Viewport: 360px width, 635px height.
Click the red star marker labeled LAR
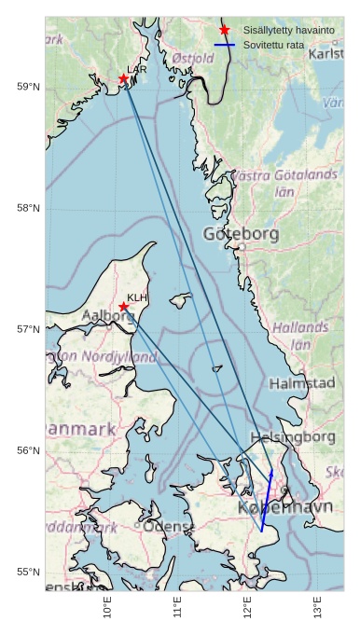point(123,78)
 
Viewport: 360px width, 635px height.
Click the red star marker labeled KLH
point(123,306)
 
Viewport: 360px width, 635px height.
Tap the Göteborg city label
point(241,235)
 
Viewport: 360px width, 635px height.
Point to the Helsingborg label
point(293,436)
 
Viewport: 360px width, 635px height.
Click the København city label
point(285,508)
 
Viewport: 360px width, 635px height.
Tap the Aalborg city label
point(108,316)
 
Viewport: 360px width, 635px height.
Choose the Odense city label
point(168,527)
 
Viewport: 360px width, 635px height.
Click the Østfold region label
point(193,59)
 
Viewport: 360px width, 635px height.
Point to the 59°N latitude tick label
point(28,87)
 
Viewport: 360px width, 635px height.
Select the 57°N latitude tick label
point(28,329)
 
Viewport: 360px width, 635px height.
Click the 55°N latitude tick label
point(28,572)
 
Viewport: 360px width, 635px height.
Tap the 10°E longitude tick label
point(107,611)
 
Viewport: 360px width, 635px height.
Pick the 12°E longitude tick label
point(247,611)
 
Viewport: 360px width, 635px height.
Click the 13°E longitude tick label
point(317,611)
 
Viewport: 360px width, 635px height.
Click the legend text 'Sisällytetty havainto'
point(288,30)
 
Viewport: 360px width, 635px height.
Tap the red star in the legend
point(224,30)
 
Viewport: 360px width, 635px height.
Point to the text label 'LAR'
point(137,69)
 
